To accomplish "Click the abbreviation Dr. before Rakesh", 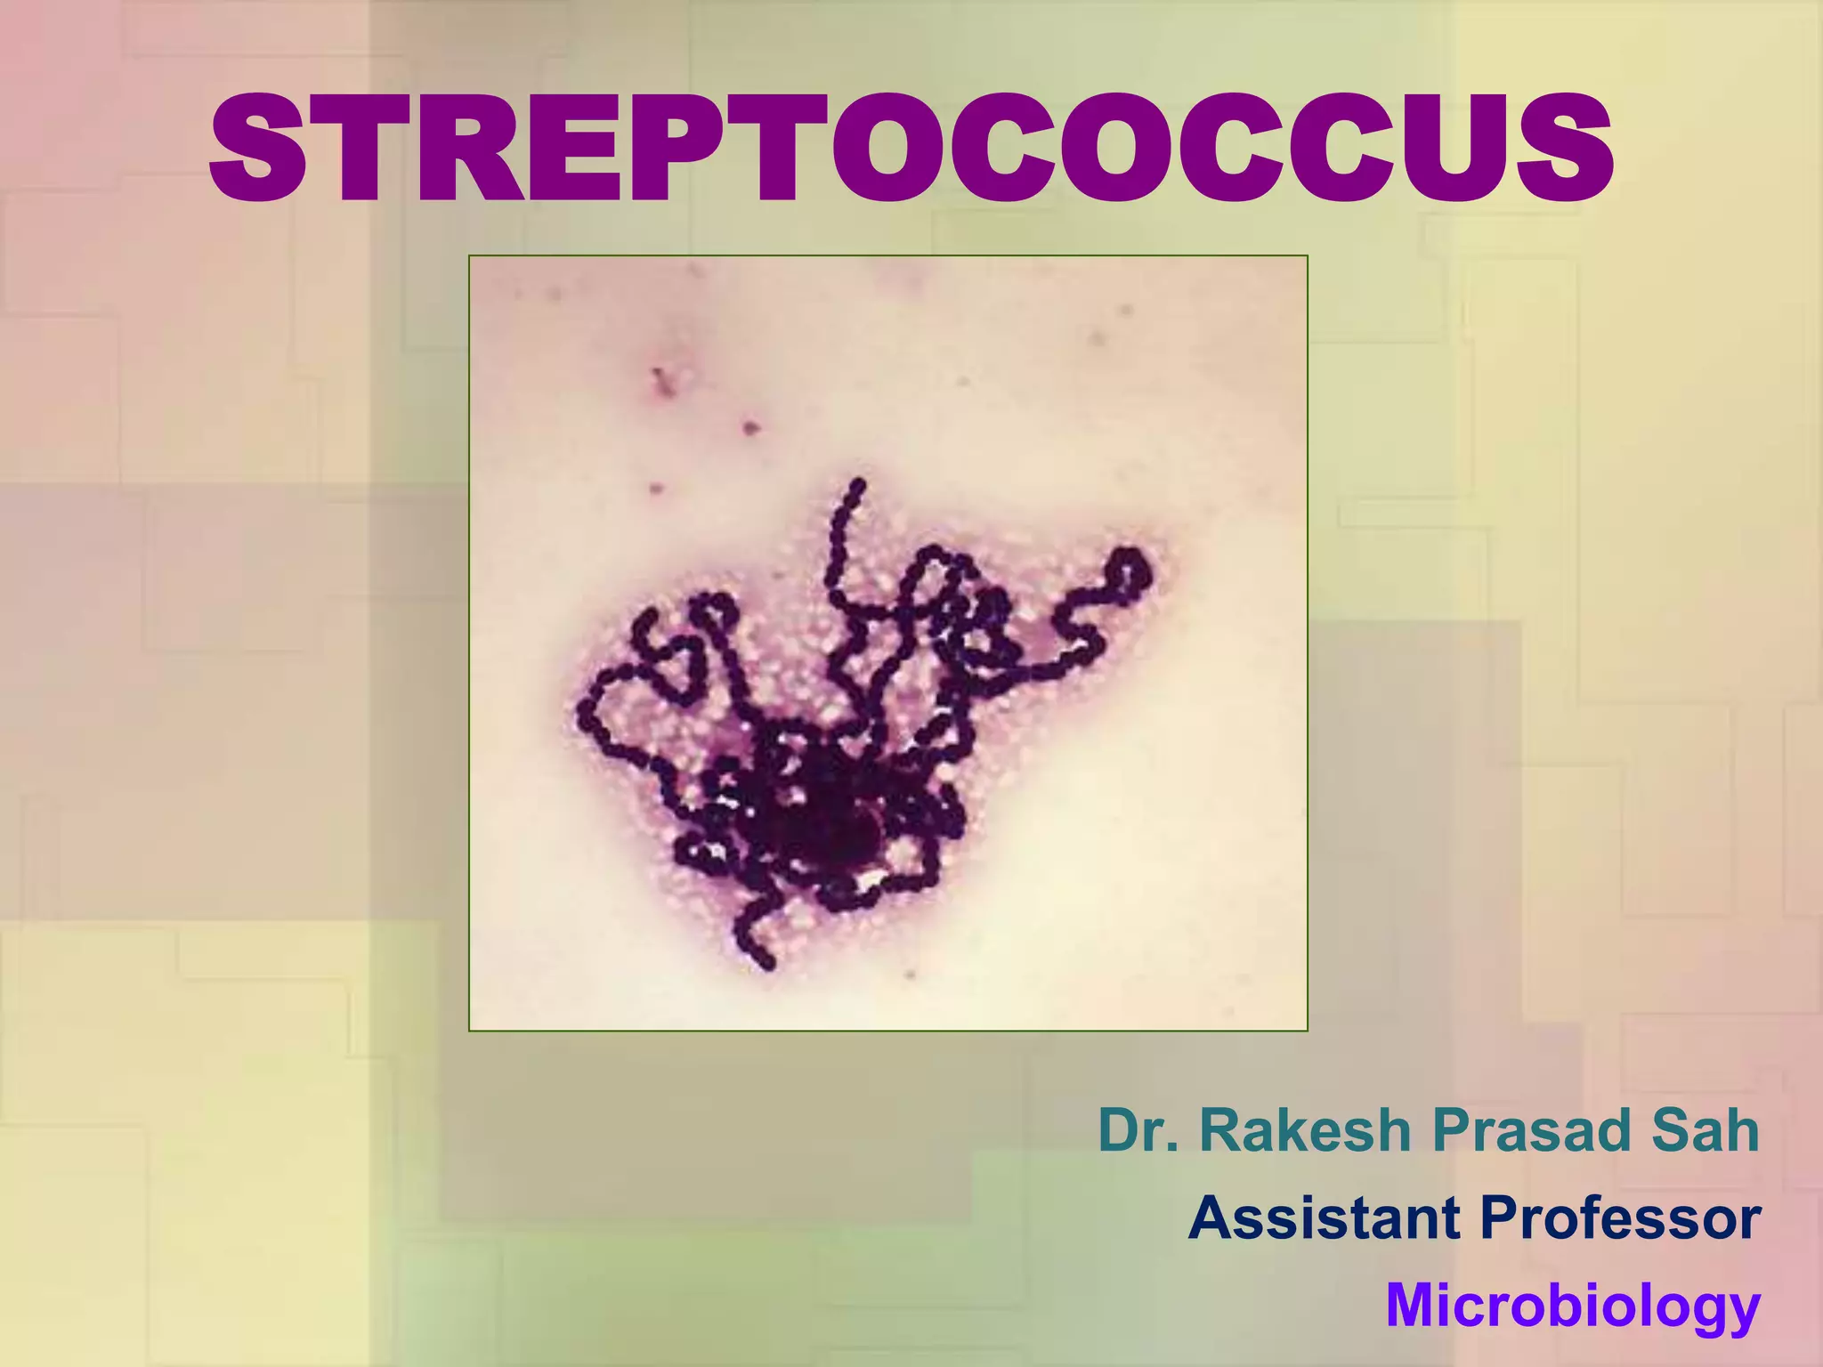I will [1140, 1131].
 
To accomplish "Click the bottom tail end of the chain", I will [766, 962].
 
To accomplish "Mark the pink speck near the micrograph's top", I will [660, 378].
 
